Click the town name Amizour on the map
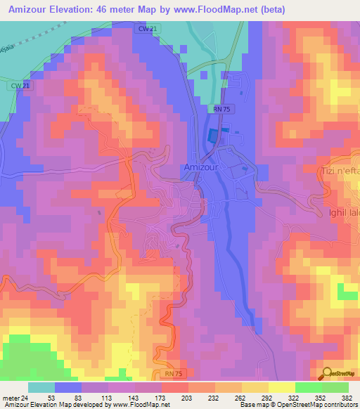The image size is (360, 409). tap(203, 167)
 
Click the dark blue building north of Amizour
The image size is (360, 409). tap(213, 136)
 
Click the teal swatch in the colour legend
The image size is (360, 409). tap(41, 387)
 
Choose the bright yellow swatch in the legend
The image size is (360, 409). tap(281, 387)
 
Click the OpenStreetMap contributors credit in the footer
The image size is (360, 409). tap(318, 405)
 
